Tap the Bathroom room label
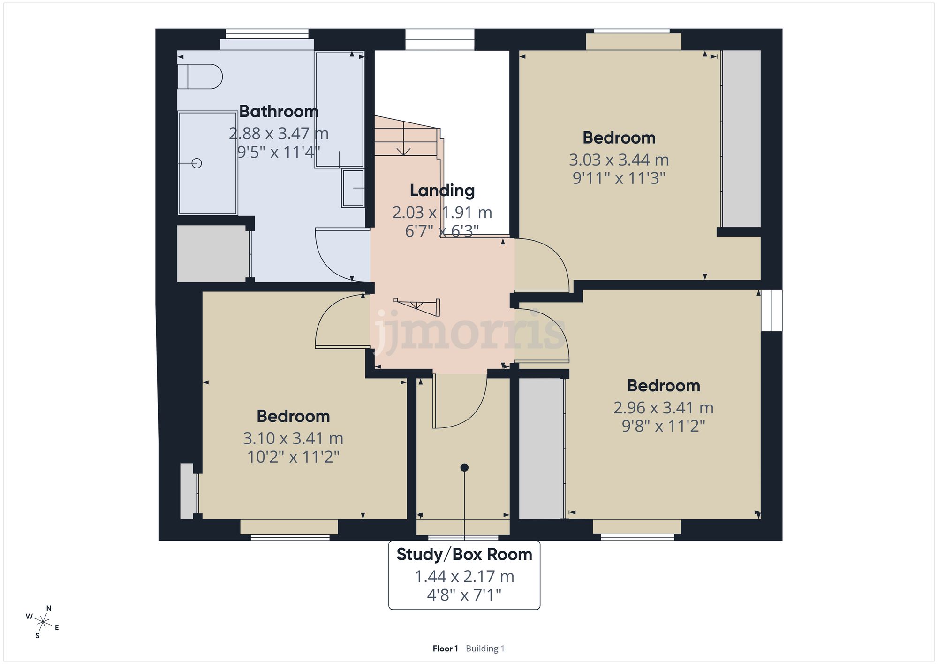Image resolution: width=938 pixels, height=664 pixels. tap(279, 112)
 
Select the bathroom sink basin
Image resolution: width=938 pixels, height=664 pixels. tap(353, 188)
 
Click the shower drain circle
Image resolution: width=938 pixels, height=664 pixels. tap(197, 163)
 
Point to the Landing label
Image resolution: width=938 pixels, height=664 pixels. tap(442, 191)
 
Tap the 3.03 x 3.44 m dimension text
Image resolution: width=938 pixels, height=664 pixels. tap(619, 160)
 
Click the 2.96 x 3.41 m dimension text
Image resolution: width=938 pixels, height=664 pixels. tap(663, 408)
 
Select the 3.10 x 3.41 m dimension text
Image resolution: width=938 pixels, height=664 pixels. tap(293, 439)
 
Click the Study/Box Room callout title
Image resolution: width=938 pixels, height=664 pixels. tap(464, 555)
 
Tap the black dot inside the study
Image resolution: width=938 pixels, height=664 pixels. tap(464, 467)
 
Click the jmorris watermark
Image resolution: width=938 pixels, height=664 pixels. tap(469, 331)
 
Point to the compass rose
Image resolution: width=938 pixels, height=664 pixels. tap(43, 623)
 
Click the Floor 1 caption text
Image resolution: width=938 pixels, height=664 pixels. tap(445, 649)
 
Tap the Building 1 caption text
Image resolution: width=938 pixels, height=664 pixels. tap(485, 649)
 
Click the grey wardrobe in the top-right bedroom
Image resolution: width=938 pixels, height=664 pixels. tap(741, 139)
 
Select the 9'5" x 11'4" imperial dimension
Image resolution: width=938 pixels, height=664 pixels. tap(279, 153)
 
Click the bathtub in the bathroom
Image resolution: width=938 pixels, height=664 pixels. tap(339, 109)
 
